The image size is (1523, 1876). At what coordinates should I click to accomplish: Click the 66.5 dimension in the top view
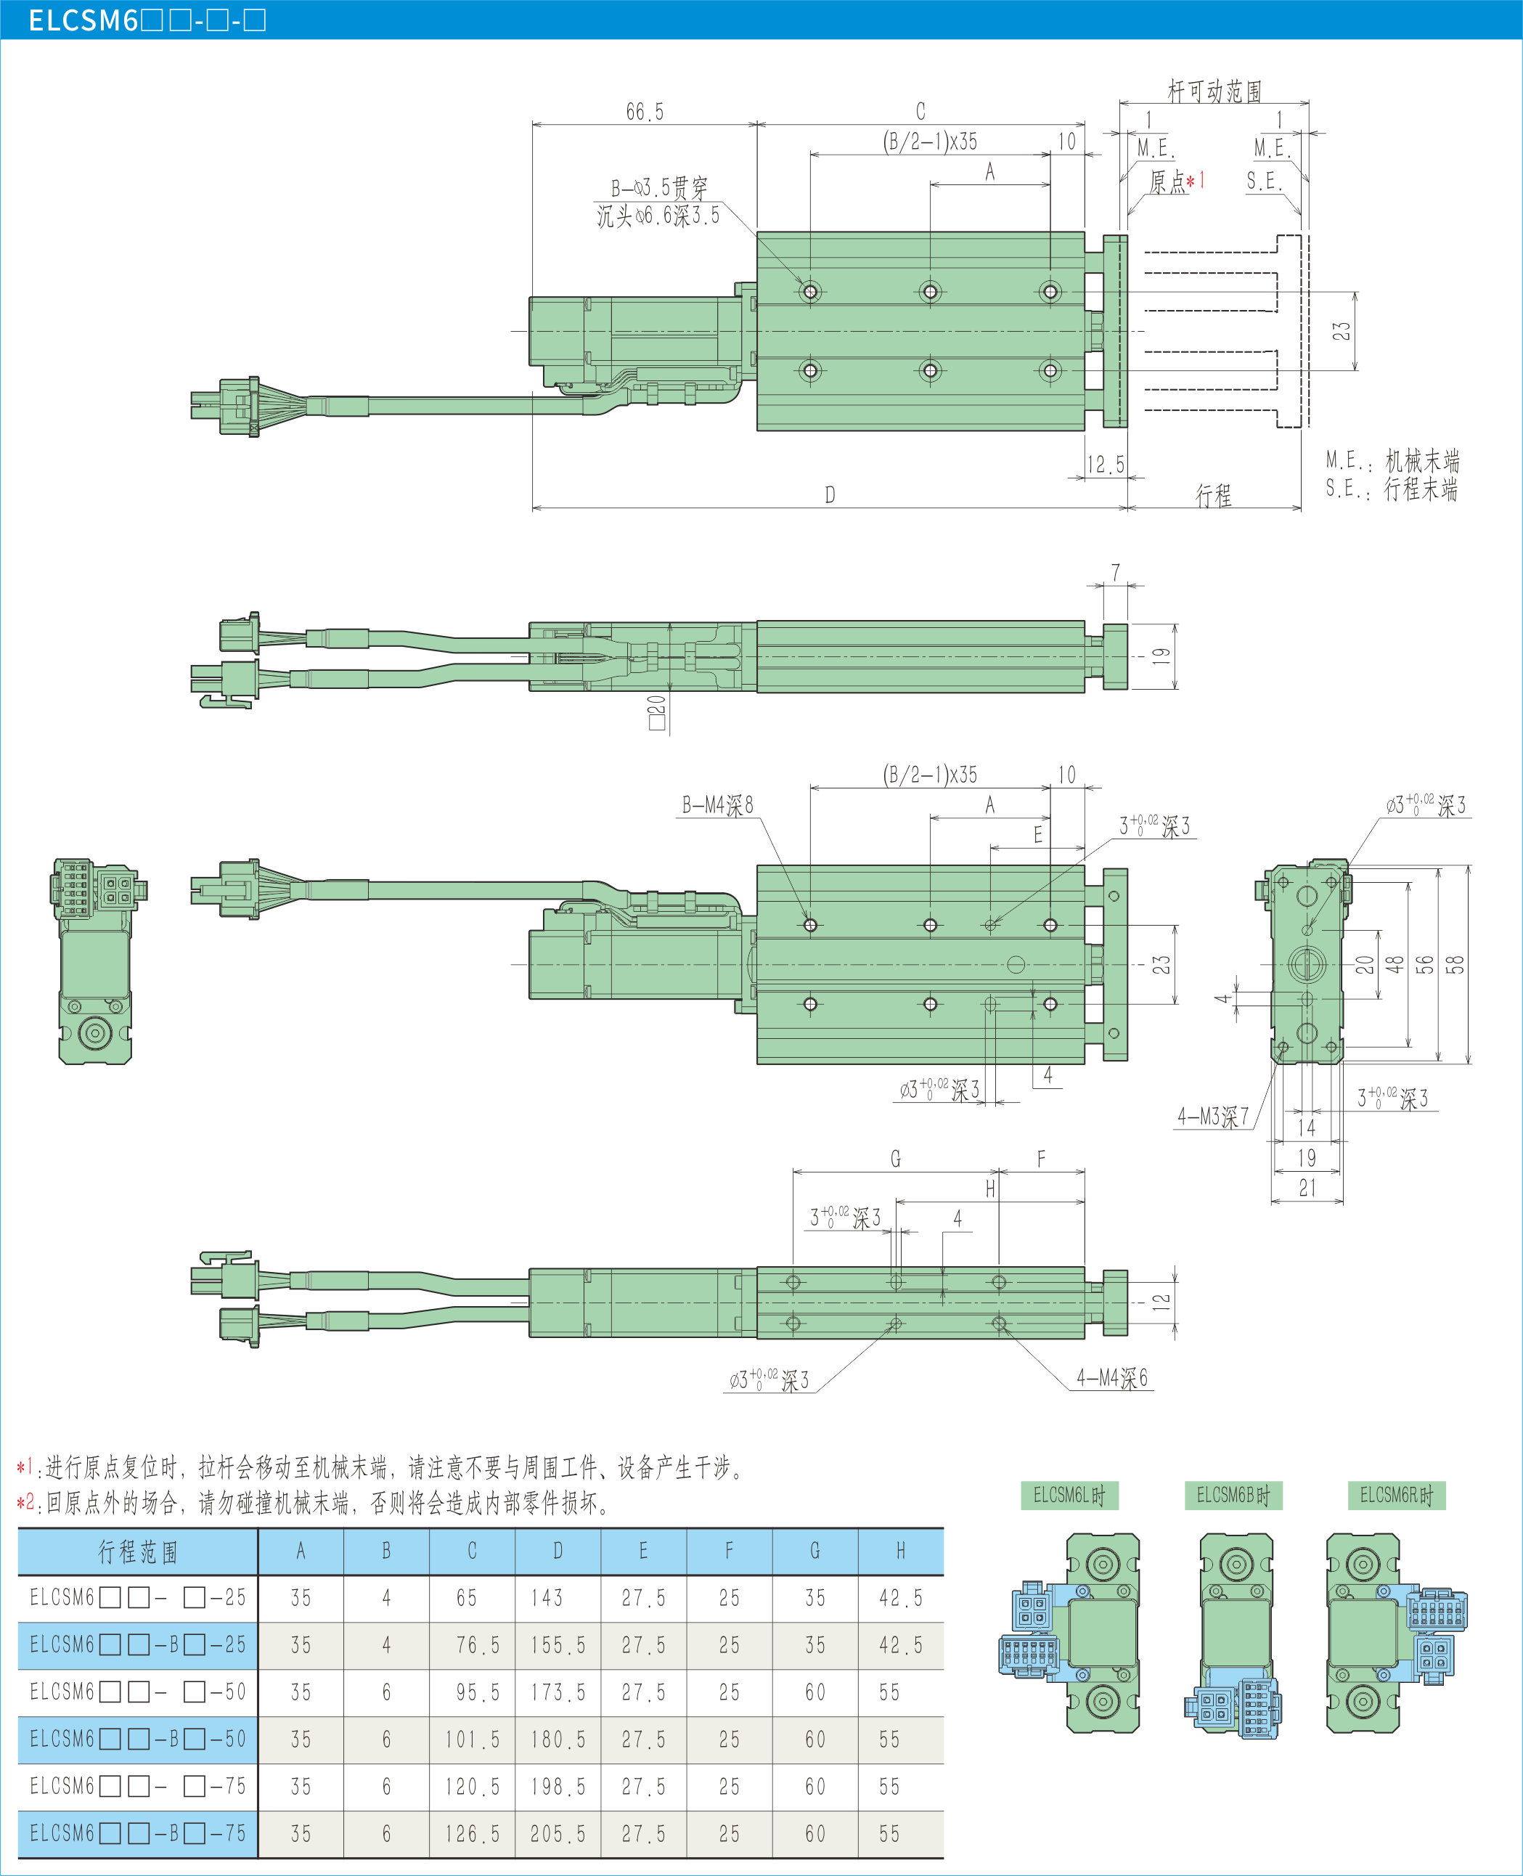point(645,113)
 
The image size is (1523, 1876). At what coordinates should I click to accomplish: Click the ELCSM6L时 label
point(1069,1495)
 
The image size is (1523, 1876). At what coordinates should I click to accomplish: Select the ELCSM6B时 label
point(1233,1495)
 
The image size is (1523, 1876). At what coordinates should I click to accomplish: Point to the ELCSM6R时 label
point(1396,1495)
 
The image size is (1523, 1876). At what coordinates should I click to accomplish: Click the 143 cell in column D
point(547,1598)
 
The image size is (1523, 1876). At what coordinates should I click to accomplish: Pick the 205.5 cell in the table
point(557,1834)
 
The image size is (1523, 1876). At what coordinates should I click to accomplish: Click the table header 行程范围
point(138,1551)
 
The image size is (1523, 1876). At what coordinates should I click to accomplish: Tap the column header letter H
point(900,1551)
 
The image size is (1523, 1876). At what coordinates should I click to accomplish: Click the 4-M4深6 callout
point(1111,1379)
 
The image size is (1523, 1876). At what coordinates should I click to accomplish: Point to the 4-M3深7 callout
point(1212,1117)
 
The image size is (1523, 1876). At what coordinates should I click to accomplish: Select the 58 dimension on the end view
point(1455,964)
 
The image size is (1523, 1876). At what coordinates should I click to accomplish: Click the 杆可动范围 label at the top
point(1214,90)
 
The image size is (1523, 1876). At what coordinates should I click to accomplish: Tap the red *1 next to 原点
point(1196,181)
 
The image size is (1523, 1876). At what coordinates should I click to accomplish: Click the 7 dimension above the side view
point(1115,572)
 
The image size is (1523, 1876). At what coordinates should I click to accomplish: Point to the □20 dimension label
point(656,712)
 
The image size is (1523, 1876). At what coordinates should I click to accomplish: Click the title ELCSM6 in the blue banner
point(83,20)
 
